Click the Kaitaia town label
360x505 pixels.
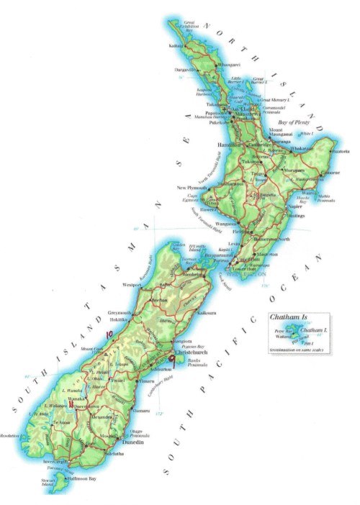click(176, 46)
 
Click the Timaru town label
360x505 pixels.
click(146, 381)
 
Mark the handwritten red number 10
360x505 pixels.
click(109, 334)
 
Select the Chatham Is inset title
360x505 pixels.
click(284, 317)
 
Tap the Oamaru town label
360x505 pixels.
click(140, 411)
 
